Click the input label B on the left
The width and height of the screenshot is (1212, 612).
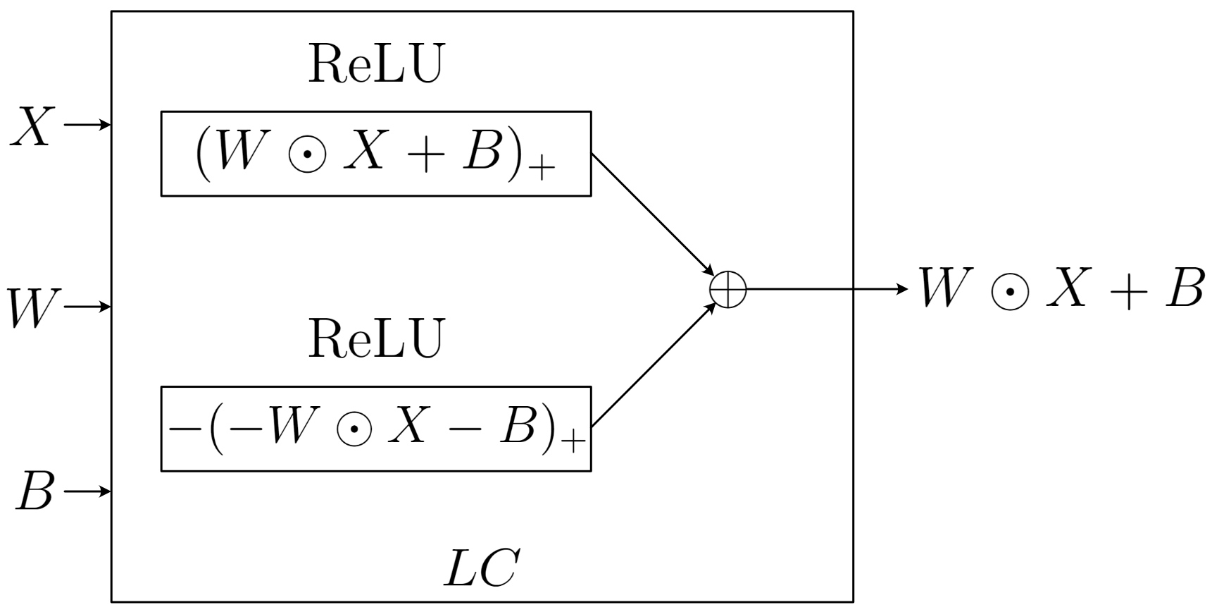tap(35, 491)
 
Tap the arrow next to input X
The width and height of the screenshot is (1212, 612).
tap(88, 126)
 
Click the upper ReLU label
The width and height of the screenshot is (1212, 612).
tap(376, 65)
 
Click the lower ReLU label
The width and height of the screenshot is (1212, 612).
tap(376, 339)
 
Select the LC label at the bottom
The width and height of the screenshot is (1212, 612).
tap(482, 568)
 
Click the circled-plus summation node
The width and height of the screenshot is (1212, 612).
tap(727, 290)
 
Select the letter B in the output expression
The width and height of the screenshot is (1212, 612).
tap(1183, 288)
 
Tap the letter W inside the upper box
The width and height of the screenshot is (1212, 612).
tap(239, 151)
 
